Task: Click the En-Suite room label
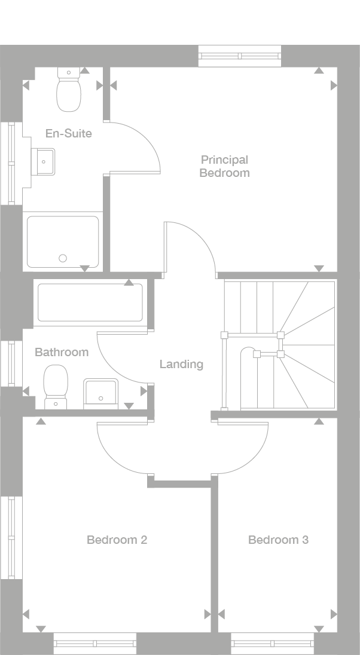click(69, 133)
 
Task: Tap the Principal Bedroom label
click(224, 166)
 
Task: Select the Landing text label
click(181, 364)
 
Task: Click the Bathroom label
click(61, 352)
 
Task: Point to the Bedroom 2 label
click(117, 540)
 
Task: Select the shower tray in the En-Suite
click(63, 241)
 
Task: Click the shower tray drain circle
click(63, 258)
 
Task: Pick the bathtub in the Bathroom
click(90, 302)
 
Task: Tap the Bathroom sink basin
click(100, 392)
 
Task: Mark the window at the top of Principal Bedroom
click(239, 56)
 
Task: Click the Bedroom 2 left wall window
click(11, 538)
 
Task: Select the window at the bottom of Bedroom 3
click(272, 643)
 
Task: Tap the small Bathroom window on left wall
click(11, 363)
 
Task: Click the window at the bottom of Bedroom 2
click(95, 643)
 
